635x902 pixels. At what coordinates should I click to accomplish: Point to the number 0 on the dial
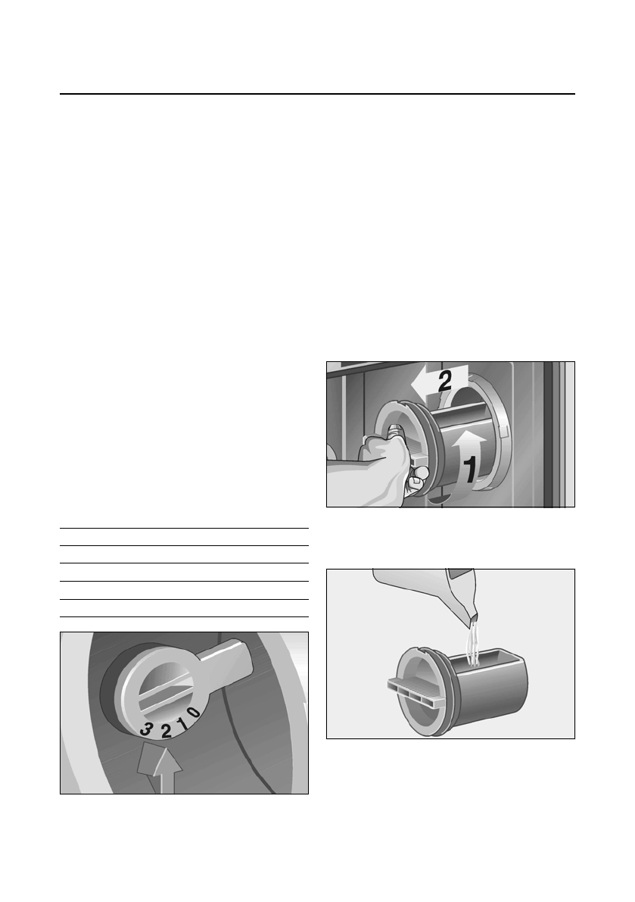[194, 712]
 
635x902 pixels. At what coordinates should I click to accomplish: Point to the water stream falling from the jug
[475, 644]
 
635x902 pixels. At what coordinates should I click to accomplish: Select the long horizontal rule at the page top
[317, 95]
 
